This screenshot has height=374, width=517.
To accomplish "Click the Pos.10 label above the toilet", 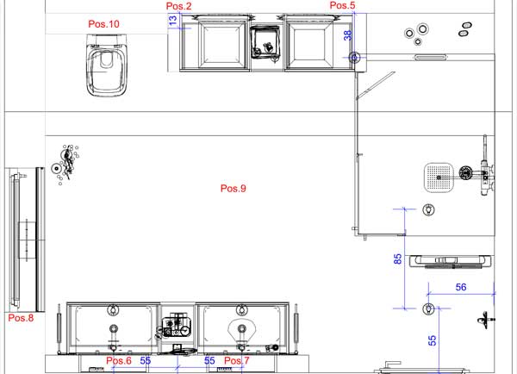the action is [x=103, y=24].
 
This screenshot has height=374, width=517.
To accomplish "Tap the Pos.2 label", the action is [x=178, y=6].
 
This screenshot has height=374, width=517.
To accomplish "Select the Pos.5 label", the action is [x=342, y=5].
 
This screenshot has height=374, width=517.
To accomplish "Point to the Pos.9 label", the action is [x=234, y=189].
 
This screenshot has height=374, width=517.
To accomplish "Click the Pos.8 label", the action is [x=21, y=318].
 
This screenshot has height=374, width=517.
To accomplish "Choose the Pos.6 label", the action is [x=119, y=360].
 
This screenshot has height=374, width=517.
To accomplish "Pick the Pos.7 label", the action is [x=237, y=360].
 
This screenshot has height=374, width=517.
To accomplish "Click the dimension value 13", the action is [x=173, y=20].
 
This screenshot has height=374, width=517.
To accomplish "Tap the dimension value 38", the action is [x=348, y=35].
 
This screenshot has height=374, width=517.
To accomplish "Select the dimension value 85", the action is [x=398, y=259].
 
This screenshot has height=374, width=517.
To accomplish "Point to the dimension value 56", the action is [x=461, y=287].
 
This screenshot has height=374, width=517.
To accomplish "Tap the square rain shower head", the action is [x=439, y=178].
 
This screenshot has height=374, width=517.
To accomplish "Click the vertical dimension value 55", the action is [x=432, y=340].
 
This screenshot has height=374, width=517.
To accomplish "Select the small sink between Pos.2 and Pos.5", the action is [x=265, y=42].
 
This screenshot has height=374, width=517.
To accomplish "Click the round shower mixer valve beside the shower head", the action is [x=465, y=173].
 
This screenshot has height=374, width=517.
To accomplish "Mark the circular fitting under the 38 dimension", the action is [x=354, y=58].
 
